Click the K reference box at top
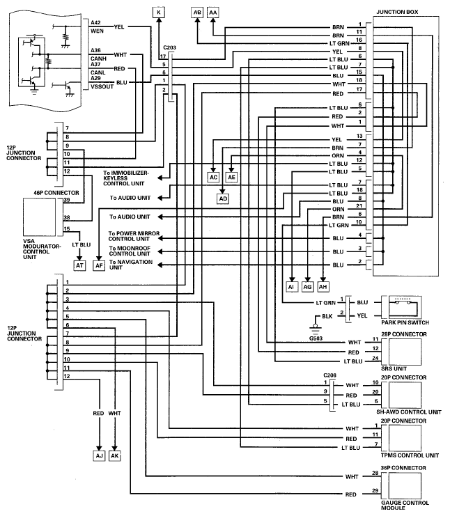159,13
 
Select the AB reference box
197,13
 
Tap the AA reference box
213,13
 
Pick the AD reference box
223,198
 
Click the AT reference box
79,265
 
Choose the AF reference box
99,265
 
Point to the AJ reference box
99,456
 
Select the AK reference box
114,456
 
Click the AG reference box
307,287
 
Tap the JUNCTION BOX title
397,12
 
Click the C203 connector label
169,47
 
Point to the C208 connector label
330,375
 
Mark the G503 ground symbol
316,328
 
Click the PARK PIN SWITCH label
405,322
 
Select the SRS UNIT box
405,352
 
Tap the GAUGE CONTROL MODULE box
405,486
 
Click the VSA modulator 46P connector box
39,217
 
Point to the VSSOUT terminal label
102,86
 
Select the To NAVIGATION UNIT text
131,265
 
